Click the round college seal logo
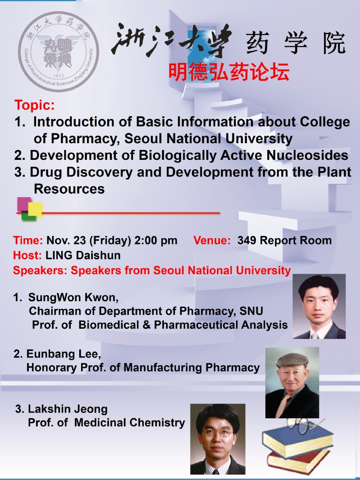59,51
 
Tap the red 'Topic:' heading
35,105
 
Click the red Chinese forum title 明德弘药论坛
228,72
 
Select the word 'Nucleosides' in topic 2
307,155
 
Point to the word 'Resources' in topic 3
69,189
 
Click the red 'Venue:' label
212,240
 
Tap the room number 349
247,240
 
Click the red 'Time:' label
28,240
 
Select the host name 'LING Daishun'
83,255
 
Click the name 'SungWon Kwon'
73,297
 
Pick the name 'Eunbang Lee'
64,354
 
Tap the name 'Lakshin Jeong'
68,409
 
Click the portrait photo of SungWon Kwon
319,306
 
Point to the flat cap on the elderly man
292,360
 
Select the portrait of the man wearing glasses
218,439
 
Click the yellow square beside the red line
35,210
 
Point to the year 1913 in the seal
59,76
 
